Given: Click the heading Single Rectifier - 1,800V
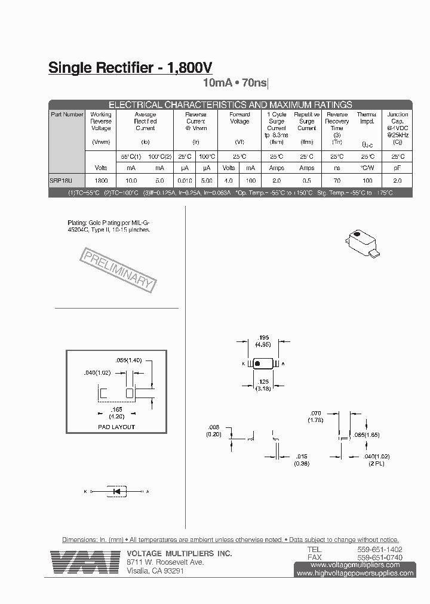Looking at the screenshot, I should tap(130, 68).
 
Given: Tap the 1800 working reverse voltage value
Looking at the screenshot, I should tap(101, 180).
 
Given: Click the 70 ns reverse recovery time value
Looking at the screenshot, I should tap(337, 180).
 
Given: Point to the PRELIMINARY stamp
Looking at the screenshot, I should tap(117, 270).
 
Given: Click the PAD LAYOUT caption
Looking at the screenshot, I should tap(116, 427).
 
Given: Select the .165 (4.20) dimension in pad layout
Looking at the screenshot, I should tap(116, 413).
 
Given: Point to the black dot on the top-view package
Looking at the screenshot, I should tap(257, 363).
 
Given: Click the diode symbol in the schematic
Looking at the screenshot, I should tap(117, 491).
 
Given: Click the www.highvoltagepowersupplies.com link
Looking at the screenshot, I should tap(355, 573).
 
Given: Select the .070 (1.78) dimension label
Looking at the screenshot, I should tap(316, 417).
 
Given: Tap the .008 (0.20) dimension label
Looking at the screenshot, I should tap(213, 430).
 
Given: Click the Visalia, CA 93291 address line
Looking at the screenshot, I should tap(155, 571).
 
